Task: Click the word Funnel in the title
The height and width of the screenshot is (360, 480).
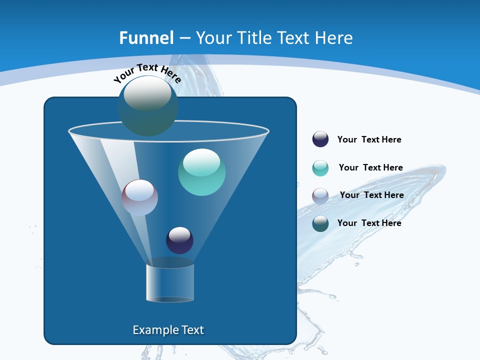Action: pyautogui.click(x=146, y=38)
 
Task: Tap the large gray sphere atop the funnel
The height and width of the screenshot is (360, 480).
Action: pyautogui.click(x=147, y=105)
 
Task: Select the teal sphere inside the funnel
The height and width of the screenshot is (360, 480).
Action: pyautogui.click(x=201, y=172)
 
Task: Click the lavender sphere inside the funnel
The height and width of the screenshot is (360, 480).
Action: pyautogui.click(x=139, y=198)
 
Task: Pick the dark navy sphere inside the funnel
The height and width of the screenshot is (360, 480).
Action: pyautogui.click(x=179, y=240)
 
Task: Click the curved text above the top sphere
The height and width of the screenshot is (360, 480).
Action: pyautogui.click(x=147, y=72)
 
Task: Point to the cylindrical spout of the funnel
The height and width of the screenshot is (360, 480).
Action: pyautogui.click(x=170, y=283)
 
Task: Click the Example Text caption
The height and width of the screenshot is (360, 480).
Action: pyautogui.click(x=168, y=330)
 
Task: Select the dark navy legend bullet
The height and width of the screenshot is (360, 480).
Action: pyautogui.click(x=320, y=139)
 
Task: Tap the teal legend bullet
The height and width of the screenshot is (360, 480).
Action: pyautogui.click(x=320, y=168)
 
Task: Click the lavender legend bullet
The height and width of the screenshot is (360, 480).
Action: pyautogui.click(x=320, y=195)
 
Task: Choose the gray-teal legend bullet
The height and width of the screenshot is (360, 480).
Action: pyautogui.click(x=320, y=223)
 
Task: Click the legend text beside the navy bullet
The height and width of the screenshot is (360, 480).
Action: pyautogui.click(x=369, y=140)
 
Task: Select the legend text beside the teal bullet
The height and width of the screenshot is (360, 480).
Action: pyautogui.click(x=370, y=168)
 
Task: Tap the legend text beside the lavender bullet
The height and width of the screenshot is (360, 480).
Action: pyautogui.click(x=371, y=195)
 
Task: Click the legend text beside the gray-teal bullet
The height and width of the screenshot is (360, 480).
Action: pyautogui.click(x=369, y=223)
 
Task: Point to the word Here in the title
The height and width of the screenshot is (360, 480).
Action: pyautogui.click(x=333, y=38)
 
